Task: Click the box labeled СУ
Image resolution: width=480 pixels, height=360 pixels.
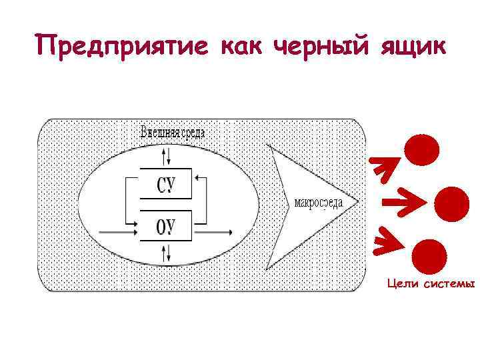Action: [x=165, y=183]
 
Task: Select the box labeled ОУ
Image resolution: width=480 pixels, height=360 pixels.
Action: [x=165, y=225]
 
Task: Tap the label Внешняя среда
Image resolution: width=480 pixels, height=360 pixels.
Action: [x=172, y=132]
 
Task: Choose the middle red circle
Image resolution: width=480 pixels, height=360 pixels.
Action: [x=451, y=203]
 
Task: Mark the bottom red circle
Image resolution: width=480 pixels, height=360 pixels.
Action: [x=426, y=256]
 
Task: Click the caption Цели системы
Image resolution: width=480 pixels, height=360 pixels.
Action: [x=431, y=285]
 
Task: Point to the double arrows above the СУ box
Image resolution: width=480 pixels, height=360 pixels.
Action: [x=167, y=156]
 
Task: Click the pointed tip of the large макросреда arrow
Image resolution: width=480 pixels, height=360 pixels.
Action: [x=357, y=201]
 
